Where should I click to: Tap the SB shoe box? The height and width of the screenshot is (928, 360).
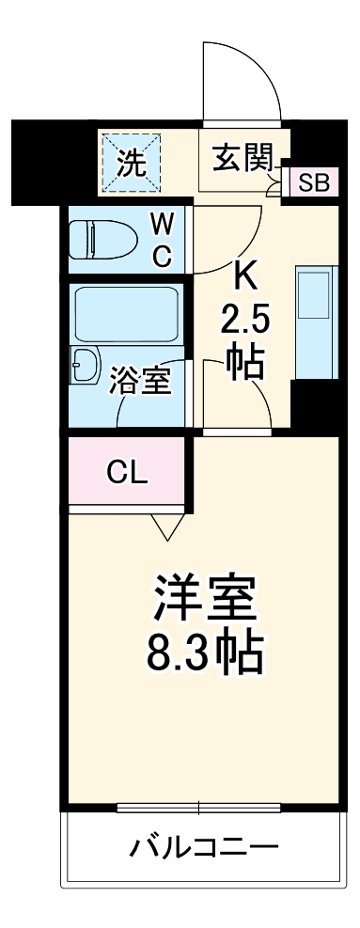(312, 181)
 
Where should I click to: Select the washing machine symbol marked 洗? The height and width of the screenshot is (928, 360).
(131, 164)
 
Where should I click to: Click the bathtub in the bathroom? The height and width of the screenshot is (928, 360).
(126, 314)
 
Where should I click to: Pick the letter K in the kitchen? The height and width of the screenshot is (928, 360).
(245, 277)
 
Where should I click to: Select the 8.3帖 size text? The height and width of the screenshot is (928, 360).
(204, 649)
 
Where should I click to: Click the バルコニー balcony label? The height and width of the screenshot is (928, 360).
(204, 847)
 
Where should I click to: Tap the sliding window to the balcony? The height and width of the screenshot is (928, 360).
(200, 808)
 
